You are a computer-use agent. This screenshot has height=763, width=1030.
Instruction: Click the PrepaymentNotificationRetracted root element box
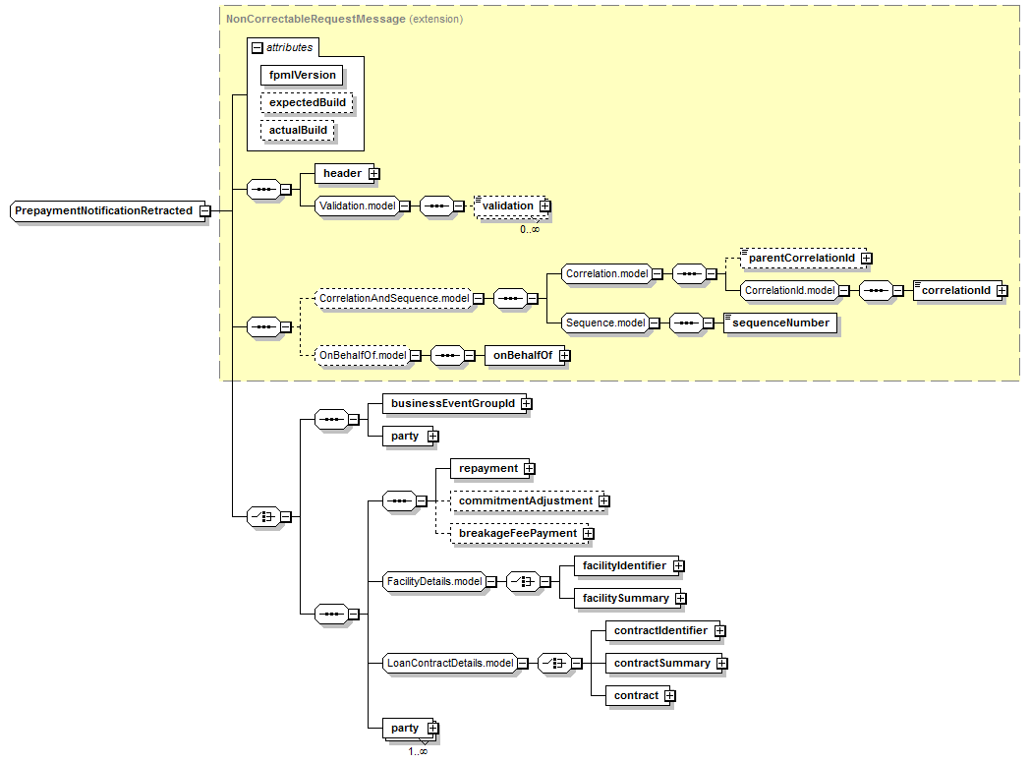pos(103,210)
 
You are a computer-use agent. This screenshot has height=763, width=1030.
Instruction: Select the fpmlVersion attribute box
pos(303,75)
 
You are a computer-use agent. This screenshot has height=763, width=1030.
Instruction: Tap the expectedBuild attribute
pos(306,102)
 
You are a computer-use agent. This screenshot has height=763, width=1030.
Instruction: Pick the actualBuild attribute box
pos(298,130)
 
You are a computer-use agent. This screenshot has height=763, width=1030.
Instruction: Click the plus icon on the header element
pos(374,174)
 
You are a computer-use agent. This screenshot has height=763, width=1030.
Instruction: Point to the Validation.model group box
pos(356,205)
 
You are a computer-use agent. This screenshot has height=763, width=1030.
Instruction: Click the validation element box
pos(507,205)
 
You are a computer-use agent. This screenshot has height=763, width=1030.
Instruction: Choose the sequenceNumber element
pos(781,323)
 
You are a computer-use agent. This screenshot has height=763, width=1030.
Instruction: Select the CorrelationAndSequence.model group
pos(393,298)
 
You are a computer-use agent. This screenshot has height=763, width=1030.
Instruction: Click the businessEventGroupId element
pos(452,403)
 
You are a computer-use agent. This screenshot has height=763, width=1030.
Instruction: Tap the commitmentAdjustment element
pos(525,500)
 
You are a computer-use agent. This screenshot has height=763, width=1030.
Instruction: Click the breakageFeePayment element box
pos(517,533)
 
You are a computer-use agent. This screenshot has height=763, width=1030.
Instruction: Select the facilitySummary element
pos(625,598)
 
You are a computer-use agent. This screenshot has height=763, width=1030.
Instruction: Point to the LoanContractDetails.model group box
pos(449,663)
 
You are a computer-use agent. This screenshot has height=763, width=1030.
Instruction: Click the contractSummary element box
pos(661,664)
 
